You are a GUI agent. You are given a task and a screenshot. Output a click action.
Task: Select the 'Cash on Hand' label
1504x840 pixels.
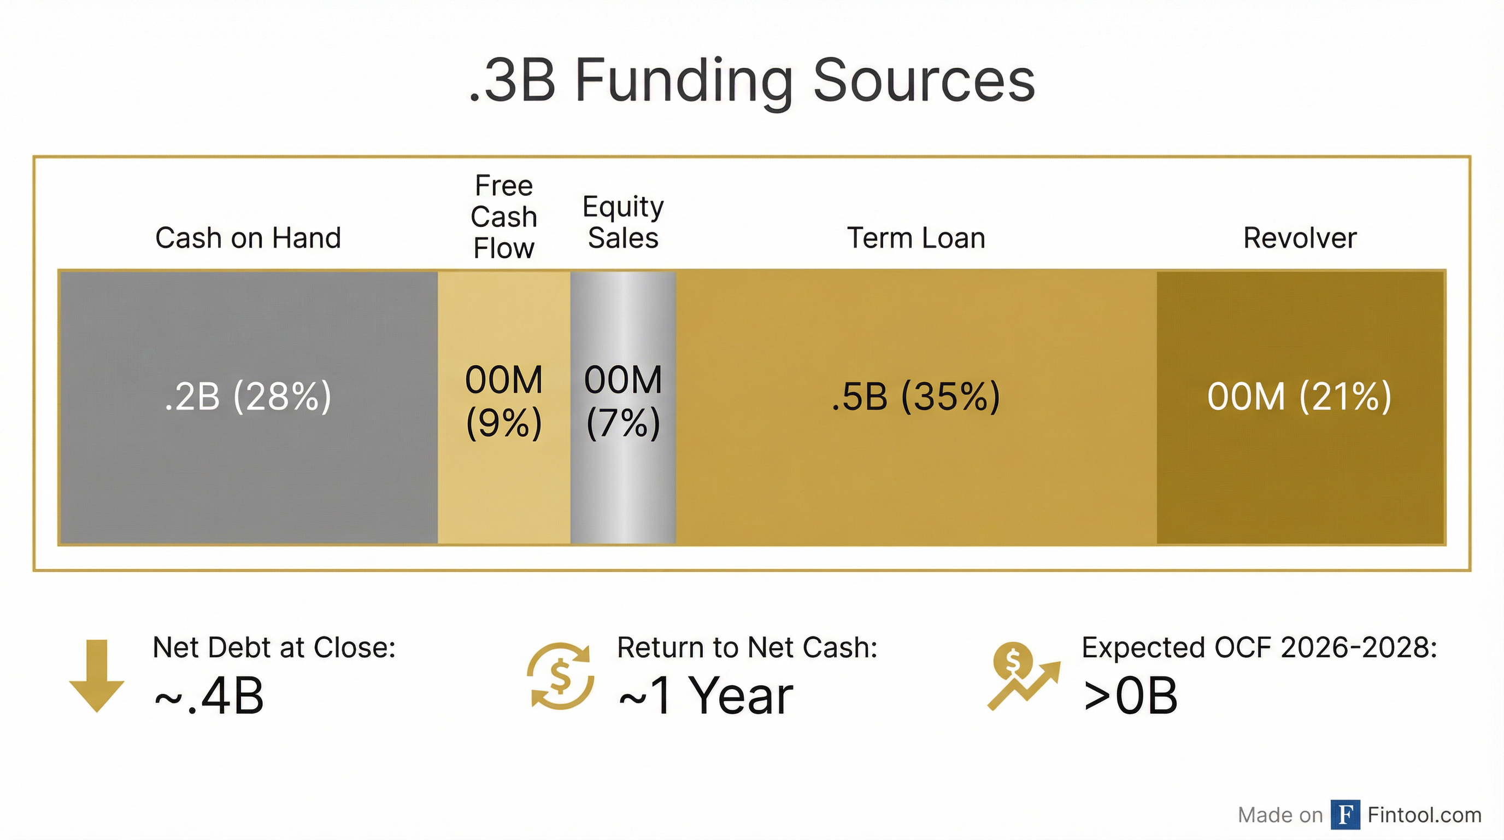248,238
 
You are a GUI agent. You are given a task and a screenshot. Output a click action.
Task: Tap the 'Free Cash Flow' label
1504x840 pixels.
504,217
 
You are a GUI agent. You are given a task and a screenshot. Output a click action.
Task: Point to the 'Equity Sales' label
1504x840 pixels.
623,222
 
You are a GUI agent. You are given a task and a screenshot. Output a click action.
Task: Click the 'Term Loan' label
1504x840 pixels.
916,238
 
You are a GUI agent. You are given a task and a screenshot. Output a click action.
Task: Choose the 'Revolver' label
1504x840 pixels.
1300,238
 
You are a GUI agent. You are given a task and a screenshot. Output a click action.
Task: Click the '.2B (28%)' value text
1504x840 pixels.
248,396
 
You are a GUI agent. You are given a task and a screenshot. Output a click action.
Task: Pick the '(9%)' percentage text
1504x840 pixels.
504,422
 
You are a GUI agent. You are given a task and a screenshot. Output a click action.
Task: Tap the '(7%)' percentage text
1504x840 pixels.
623,422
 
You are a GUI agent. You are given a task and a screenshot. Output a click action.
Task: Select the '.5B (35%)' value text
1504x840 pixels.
916,396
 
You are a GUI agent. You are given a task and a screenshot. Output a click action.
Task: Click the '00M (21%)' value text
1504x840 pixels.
1300,396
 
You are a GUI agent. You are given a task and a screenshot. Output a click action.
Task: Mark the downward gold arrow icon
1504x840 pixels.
97,675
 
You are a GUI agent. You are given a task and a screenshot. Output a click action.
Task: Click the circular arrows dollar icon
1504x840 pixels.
561,676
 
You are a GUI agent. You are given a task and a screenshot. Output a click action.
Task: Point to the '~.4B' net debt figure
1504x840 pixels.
209,696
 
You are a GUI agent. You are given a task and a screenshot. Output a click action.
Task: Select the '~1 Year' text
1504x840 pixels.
706,696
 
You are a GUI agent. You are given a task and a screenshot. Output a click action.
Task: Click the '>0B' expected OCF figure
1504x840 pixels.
1130,696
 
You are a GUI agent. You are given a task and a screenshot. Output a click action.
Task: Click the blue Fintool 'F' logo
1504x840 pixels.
1345,814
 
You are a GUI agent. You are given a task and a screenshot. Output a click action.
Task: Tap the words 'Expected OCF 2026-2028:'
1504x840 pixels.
1259,647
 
